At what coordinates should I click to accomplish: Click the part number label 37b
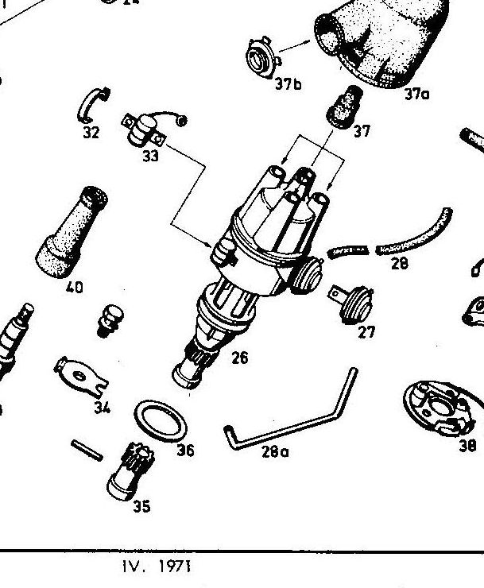(288, 83)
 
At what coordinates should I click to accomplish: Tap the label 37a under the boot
(416, 94)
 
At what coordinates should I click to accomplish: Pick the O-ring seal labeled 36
(158, 418)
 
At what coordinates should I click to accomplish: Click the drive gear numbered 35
(127, 472)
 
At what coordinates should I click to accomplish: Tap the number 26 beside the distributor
(238, 358)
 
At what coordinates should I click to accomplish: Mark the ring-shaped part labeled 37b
(261, 56)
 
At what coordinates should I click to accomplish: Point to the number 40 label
(74, 288)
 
